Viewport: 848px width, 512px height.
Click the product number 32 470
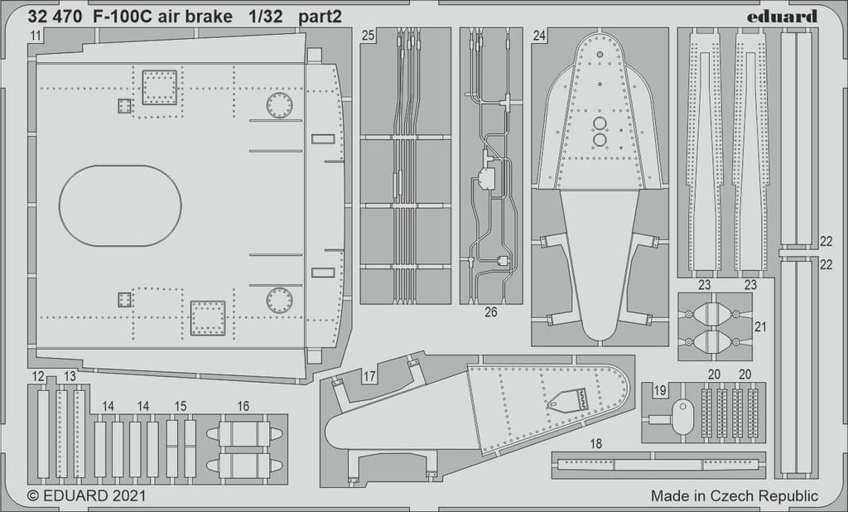(x=53, y=16)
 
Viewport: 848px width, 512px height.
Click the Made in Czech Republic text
(x=734, y=496)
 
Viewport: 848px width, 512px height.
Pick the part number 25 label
(x=369, y=36)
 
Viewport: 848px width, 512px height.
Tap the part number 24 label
(x=539, y=36)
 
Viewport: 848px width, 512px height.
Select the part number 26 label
(x=491, y=312)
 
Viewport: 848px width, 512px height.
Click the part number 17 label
(x=369, y=377)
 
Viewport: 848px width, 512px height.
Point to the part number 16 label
(x=243, y=406)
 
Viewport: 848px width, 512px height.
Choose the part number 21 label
(x=760, y=326)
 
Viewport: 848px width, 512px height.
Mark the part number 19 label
(x=659, y=389)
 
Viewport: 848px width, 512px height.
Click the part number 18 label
(x=596, y=444)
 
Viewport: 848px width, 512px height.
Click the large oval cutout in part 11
(x=120, y=205)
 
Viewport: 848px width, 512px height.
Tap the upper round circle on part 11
(x=279, y=105)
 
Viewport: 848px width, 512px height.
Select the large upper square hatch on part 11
(x=160, y=87)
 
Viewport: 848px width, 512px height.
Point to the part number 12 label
(x=38, y=377)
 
